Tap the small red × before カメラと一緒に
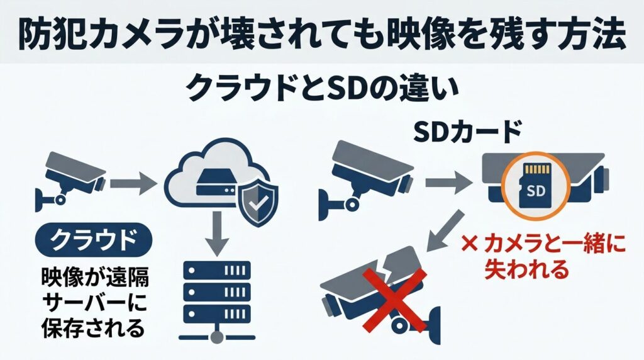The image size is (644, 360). [469, 244]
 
